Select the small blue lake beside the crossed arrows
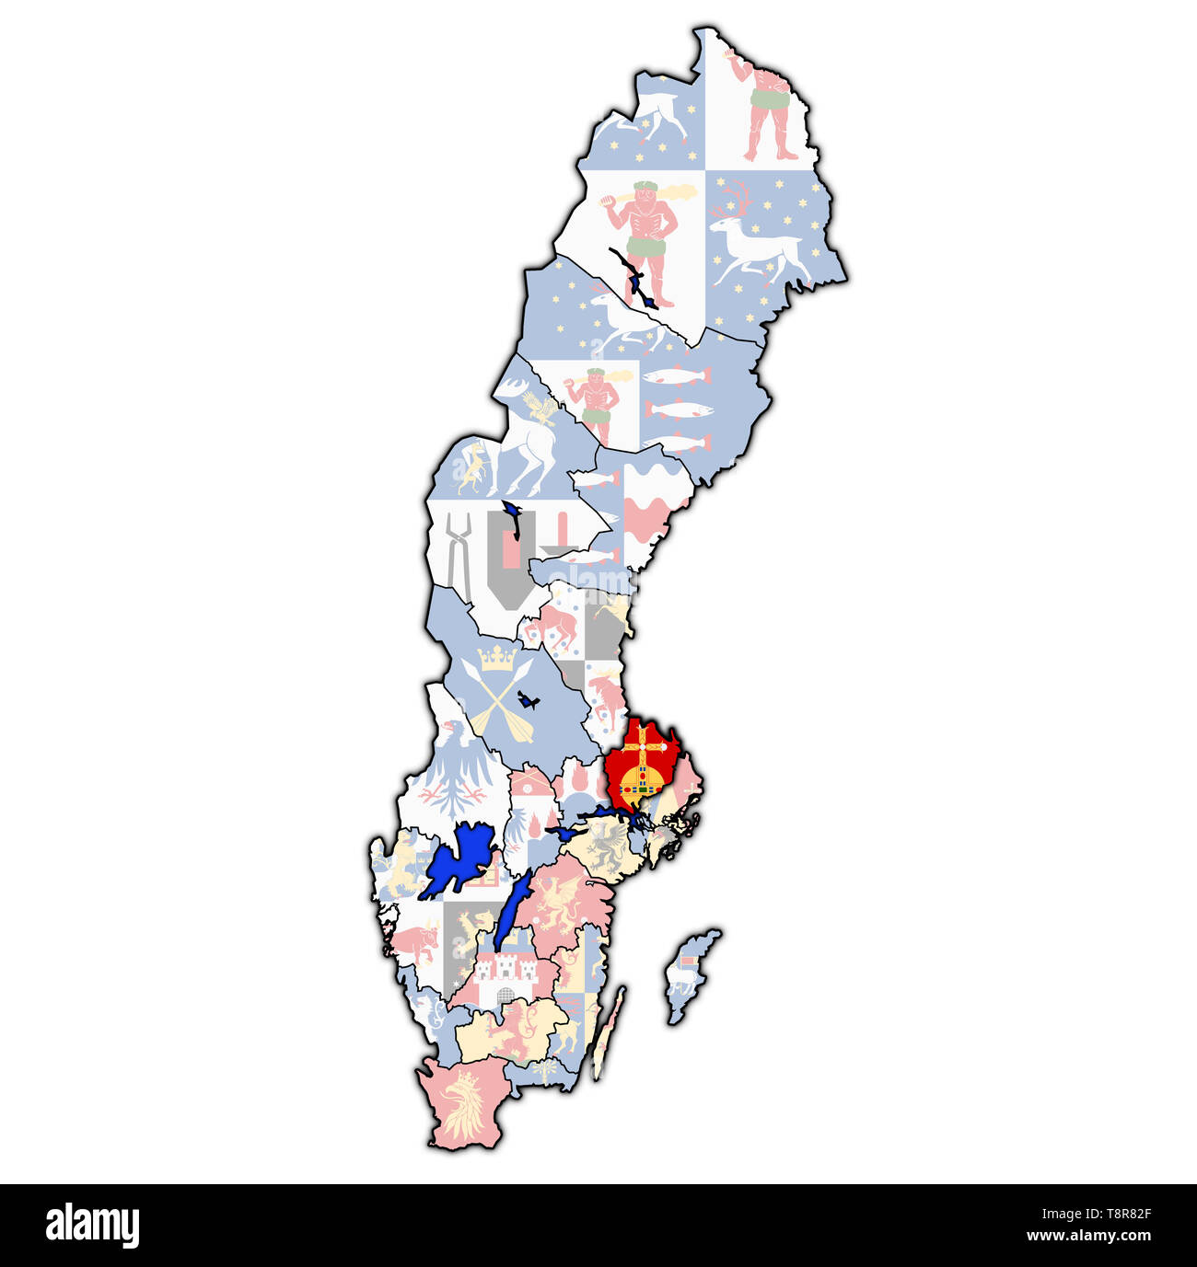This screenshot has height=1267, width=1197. [528, 700]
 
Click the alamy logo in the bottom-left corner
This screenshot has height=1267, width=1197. [92, 1226]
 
